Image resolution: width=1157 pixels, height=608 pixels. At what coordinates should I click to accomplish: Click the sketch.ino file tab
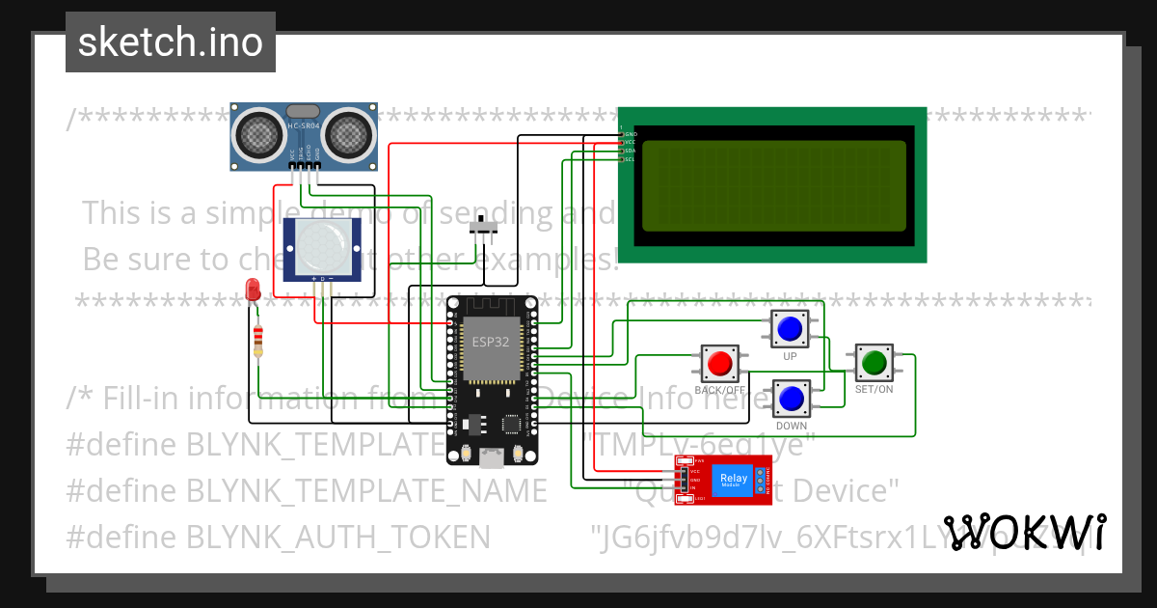(170, 42)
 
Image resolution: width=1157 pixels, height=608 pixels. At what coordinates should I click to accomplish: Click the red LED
(253, 289)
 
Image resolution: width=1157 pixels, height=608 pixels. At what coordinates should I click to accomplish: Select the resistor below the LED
(257, 341)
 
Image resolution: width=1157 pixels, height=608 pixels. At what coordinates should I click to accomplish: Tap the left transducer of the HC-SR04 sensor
(258, 134)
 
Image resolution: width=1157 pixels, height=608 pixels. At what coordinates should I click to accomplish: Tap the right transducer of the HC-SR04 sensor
(347, 134)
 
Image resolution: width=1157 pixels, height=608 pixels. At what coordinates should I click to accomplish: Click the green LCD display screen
(773, 185)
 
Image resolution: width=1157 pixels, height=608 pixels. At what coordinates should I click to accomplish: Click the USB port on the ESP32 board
(492, 458)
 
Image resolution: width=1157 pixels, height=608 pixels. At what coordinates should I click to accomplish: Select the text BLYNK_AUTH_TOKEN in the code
(337, 537)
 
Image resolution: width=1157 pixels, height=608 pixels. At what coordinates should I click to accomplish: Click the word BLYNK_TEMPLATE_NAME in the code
(366, 491)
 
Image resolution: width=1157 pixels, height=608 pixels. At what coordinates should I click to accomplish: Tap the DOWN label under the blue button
(792, 426)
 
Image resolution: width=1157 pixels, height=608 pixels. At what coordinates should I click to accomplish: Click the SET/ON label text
(874, 390)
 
